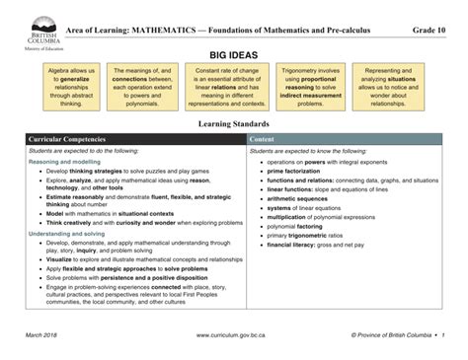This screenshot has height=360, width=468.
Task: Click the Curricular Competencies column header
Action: [x=75, y=140]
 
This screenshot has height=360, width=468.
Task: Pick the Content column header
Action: [x=264, y=140]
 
